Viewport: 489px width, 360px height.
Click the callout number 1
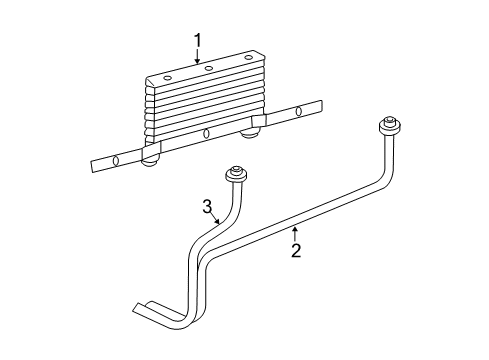click(x=198, y=40)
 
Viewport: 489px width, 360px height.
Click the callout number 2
click(x=296, y=250)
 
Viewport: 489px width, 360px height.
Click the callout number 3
click(x=208, y=207)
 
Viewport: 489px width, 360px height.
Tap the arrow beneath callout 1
click(x=198, y=58)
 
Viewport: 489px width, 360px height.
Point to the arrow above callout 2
click(x=296, y=233)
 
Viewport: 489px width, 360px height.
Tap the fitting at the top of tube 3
click(x=239, y=173)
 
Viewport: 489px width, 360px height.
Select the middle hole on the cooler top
click(x=208, y=68)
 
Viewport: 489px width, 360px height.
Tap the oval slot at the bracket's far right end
click(x=298, y=110)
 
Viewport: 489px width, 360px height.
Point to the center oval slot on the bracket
click(x=206, y=134)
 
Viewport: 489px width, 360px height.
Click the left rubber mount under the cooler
click(x=152, y=160)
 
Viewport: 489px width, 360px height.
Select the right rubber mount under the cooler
click(x=247, y=132)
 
